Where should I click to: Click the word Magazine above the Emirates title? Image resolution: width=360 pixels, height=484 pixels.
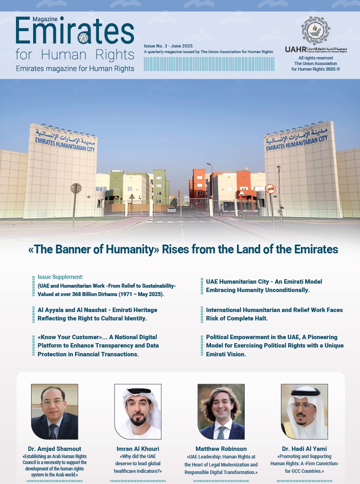pos(45,19)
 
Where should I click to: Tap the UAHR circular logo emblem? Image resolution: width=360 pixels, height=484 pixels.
pos(316,31)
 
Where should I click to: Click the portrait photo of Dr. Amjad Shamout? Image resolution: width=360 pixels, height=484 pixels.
pos(55,411)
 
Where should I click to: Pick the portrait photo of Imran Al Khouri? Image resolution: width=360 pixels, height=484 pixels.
pos(138,411)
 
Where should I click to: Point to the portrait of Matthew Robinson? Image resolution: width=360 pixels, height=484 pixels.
pos(221,411)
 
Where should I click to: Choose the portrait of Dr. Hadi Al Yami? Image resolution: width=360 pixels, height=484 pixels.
pos(304,411)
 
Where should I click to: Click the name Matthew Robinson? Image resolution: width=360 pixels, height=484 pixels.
pos(221,449)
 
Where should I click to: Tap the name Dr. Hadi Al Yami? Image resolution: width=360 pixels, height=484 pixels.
pos(304,449)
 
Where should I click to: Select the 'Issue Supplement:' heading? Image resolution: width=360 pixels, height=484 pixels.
pos(60,277)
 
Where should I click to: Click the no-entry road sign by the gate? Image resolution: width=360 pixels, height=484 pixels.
pos(270,189)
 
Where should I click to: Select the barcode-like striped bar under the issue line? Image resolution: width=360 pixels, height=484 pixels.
pos(209,64)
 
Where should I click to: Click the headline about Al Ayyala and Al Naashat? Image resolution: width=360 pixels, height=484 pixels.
pos(97,314)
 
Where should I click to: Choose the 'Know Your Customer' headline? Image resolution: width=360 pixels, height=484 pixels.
pos(98,346)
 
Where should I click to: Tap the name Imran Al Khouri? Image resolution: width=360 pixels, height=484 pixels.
pos(138,449)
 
